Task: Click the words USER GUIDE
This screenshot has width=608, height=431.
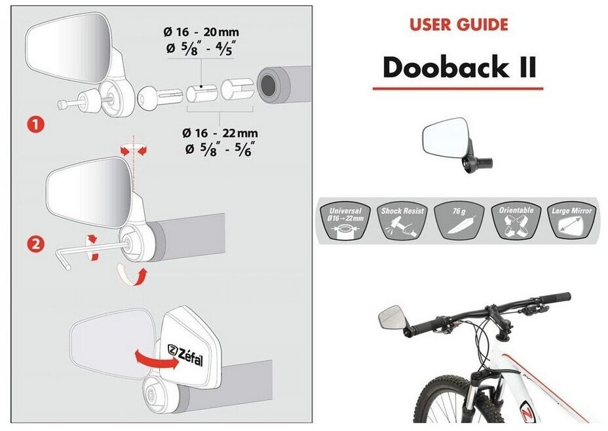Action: coord(458,26)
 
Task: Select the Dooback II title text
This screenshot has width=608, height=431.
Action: coord(459,67)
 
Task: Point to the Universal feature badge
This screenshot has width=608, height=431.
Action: coord(345,219)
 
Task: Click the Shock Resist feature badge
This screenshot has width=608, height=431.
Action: coord(402,219)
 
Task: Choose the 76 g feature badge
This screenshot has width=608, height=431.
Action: coord(458,219)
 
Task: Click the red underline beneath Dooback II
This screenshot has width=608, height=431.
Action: coord(458,88)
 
